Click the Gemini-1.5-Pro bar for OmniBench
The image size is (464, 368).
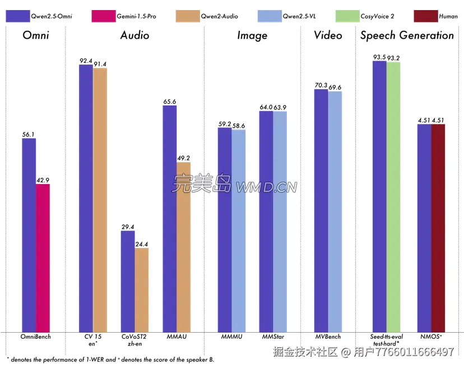click(x=43, y=257)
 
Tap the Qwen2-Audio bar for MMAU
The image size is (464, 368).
click(x=183, y=246)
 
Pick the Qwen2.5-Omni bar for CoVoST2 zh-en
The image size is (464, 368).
click(x=128, y=280)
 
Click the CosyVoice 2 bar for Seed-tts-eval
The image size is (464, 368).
click(x=393, y=196)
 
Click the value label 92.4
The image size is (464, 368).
click(x=86, y=61)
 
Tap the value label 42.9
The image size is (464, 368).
click(x=43, y=180)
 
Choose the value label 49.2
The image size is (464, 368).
click(x=183, y=158)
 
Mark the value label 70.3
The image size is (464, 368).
click(x=321, y=85)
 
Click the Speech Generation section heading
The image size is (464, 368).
click(x=407, y=35)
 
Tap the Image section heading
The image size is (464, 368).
click(x=252, y=35)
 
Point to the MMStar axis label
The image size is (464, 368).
click(x=273, y=337)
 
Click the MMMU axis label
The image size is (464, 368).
click(x=231, y=337)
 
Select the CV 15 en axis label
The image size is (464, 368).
click(x=92, y=339)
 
